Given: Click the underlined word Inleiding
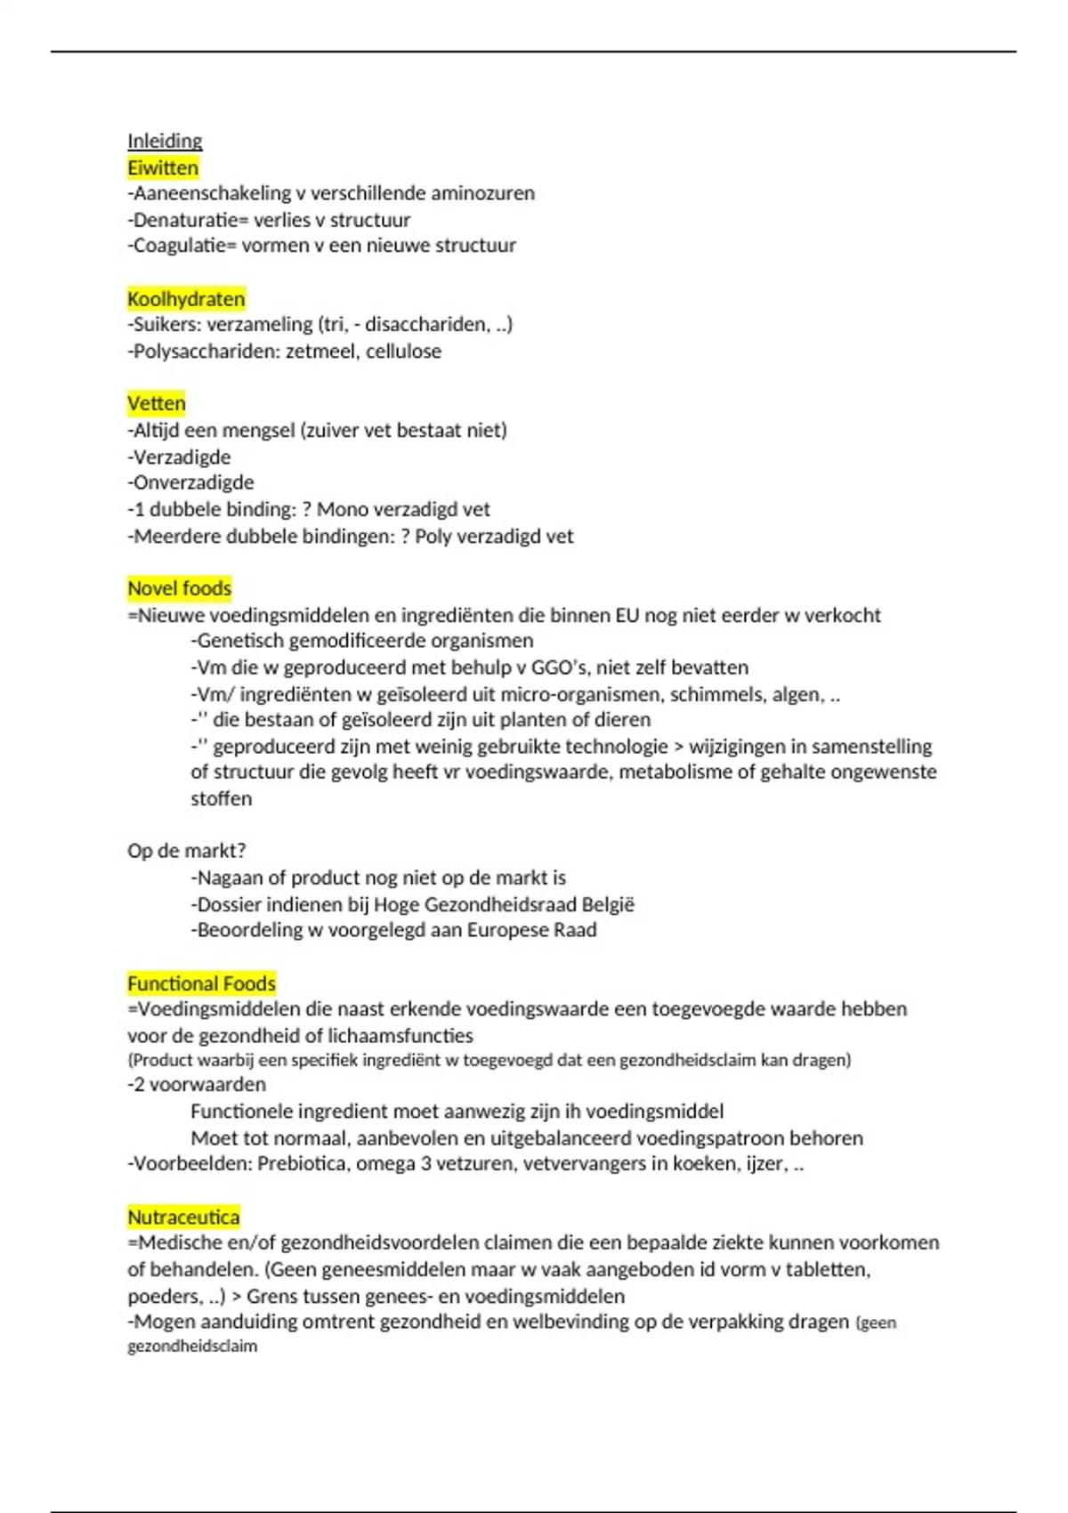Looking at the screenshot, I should tap(165, 141).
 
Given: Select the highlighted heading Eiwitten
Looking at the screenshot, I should tap(163, 168).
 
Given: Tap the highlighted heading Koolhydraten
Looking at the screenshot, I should tap(186, 299).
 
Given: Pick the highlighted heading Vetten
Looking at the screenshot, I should tap(157, 404).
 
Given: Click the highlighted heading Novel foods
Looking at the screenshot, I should tap(179, 588).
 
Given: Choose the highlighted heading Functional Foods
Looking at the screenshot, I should tap(201, 983).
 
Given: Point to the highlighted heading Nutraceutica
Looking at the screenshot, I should tap(183, 1217).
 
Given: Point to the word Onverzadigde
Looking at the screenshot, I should tap(192, 482).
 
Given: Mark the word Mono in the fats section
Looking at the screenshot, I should tap(342, 509).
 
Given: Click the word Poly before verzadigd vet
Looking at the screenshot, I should tap(433, 537).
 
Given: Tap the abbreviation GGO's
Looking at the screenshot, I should tap(559, 667).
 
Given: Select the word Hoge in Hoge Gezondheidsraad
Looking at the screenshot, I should tap(396, 904).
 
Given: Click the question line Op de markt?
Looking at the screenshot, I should tap(187, 851).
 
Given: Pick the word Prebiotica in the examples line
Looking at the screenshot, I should tap(302, 1164).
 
